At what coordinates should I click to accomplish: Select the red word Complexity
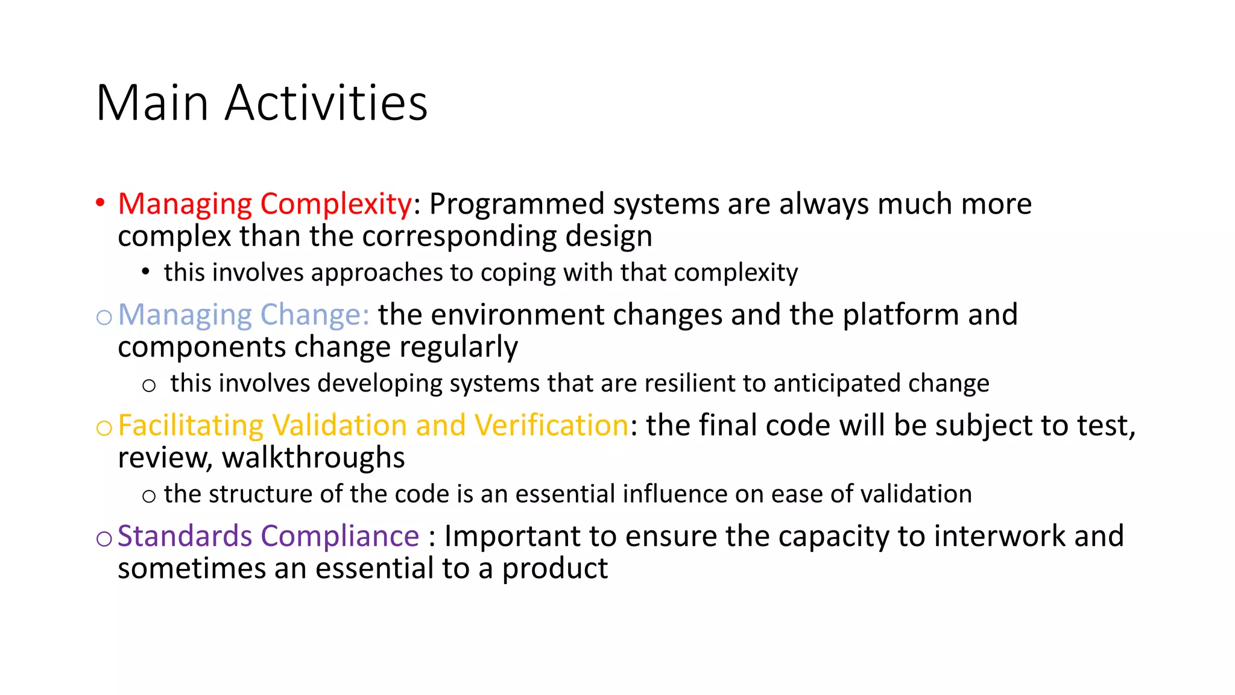tap(336, 204)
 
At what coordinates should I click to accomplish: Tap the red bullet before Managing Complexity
tap(100, 202)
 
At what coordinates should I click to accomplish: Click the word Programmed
tap(516, 204)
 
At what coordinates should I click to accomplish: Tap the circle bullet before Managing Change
tap(104, 317)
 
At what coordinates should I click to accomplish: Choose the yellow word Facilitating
tap(191, 425)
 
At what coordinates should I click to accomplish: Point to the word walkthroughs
tap(314, 458)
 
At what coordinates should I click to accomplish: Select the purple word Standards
tap(185, 536)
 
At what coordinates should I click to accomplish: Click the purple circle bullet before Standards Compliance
tap(104, 538)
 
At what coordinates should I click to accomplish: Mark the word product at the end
tap(555, 569)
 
